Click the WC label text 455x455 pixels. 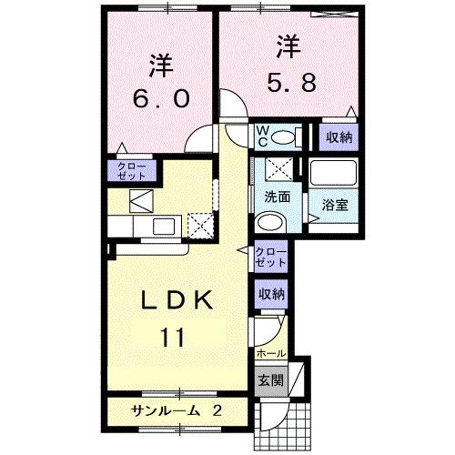261,136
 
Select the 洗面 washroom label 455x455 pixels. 277,197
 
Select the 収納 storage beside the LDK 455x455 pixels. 271,293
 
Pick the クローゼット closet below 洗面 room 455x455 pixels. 270,257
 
